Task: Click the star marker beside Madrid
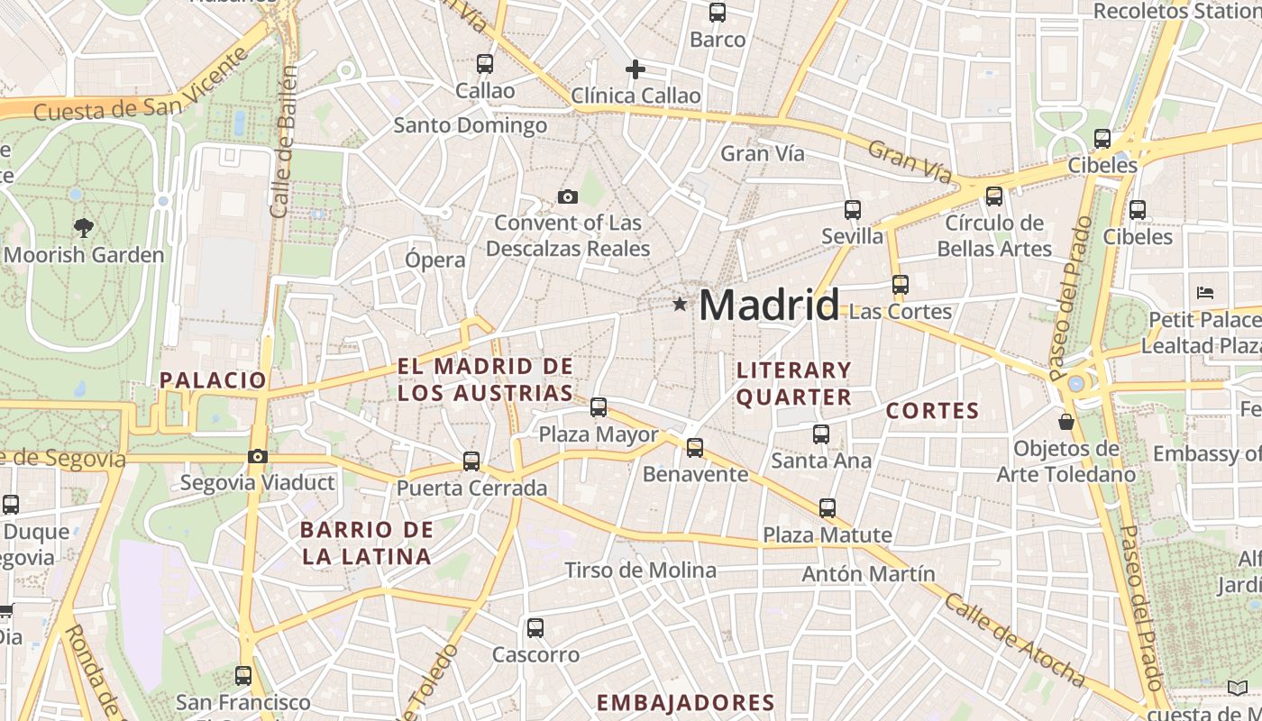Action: coord(680,305)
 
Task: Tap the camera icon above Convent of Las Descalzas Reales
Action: coord(568,196)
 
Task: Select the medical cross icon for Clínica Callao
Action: coord(636,68)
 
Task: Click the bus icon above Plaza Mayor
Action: coord(599,407)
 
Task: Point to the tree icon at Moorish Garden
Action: coord(84,228)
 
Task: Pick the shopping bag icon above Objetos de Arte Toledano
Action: coord(1066,421)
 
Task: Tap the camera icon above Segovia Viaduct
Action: coord(258,456)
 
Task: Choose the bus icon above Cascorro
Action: coord(535,628)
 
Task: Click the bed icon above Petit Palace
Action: coord(1205,293)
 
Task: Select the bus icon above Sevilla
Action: coord(853,210)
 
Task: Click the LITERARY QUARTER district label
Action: coord(794,383)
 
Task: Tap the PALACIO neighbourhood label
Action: coord(213,379)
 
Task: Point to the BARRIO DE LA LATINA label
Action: coord(367,543)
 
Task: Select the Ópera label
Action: coord(435,260)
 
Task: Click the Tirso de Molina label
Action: coord(640,570)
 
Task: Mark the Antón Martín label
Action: coord(868,573)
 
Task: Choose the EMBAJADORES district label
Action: coord(685,702)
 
